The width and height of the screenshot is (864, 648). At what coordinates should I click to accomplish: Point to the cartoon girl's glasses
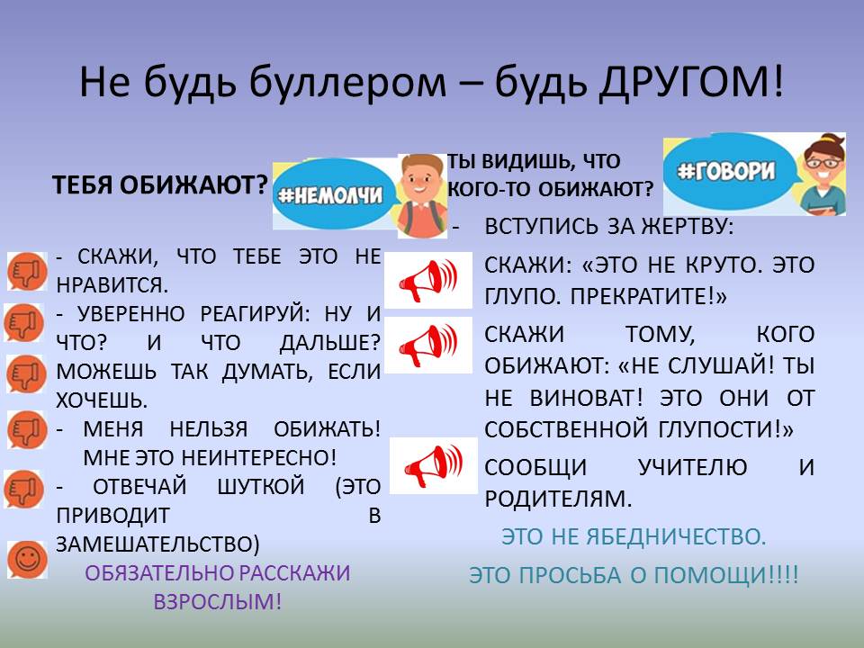pos(823,162)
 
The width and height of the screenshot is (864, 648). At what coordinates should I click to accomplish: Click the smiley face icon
pos(26,559)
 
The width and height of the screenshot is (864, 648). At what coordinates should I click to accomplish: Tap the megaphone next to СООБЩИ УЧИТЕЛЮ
pos(434,465)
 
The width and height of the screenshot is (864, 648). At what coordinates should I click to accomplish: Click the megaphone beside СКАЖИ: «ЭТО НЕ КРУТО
pos(428,280)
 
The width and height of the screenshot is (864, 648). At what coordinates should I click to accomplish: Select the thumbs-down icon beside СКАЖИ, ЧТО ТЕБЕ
pos(27,271)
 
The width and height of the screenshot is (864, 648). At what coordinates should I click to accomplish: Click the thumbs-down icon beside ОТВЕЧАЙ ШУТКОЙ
pos(23,489)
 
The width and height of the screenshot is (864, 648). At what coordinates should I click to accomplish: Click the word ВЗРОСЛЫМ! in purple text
pos(217,601)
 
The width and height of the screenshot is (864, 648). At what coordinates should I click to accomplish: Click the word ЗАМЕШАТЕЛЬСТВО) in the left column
pos(157,544)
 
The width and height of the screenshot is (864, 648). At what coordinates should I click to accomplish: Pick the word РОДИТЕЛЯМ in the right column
pos(558,499)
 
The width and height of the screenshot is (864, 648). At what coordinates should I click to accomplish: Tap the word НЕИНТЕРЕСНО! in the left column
pos(258,458)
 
